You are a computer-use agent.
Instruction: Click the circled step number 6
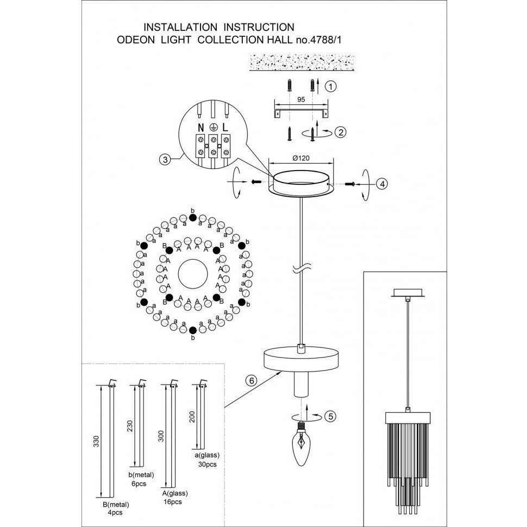250,380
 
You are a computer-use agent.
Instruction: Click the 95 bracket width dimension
300,100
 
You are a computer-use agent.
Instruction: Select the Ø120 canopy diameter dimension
301,159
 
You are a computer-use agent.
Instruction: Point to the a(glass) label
207,456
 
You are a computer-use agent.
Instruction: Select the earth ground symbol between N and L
214,126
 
